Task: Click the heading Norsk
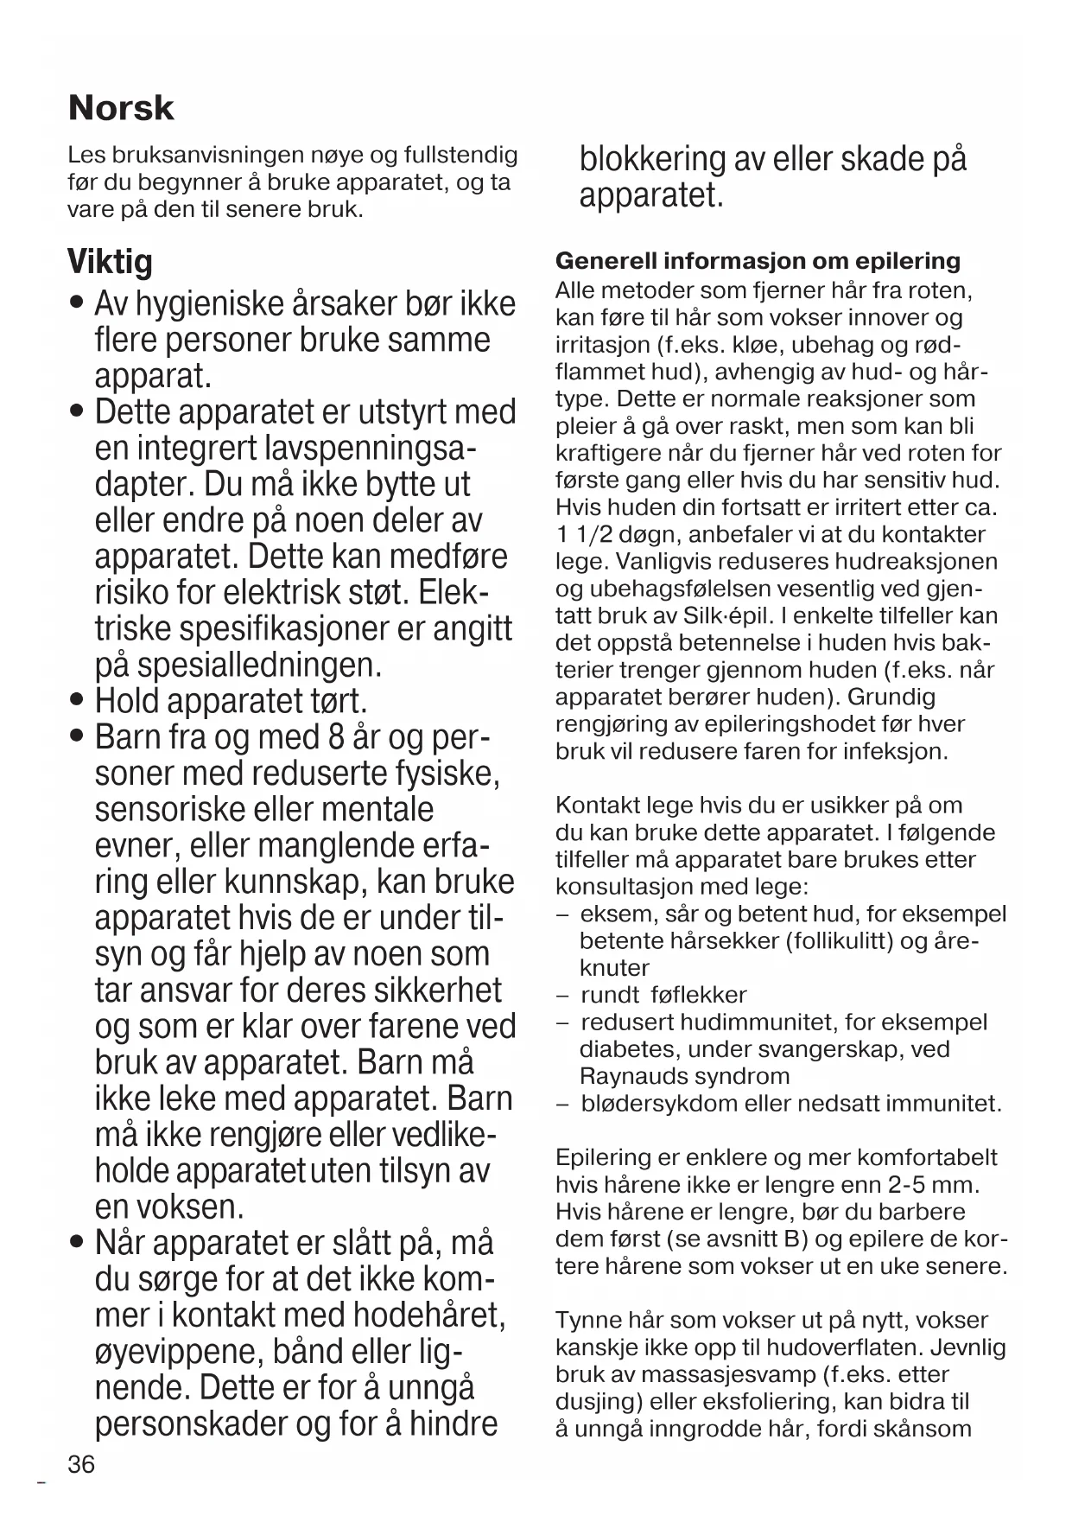click(121, 108)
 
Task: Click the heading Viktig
click(110, 262)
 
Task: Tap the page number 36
click(81, 1464)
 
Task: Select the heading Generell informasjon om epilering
click(758, 261)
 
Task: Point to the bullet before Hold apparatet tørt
click(79, 699)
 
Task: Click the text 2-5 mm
click(942, 1184)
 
